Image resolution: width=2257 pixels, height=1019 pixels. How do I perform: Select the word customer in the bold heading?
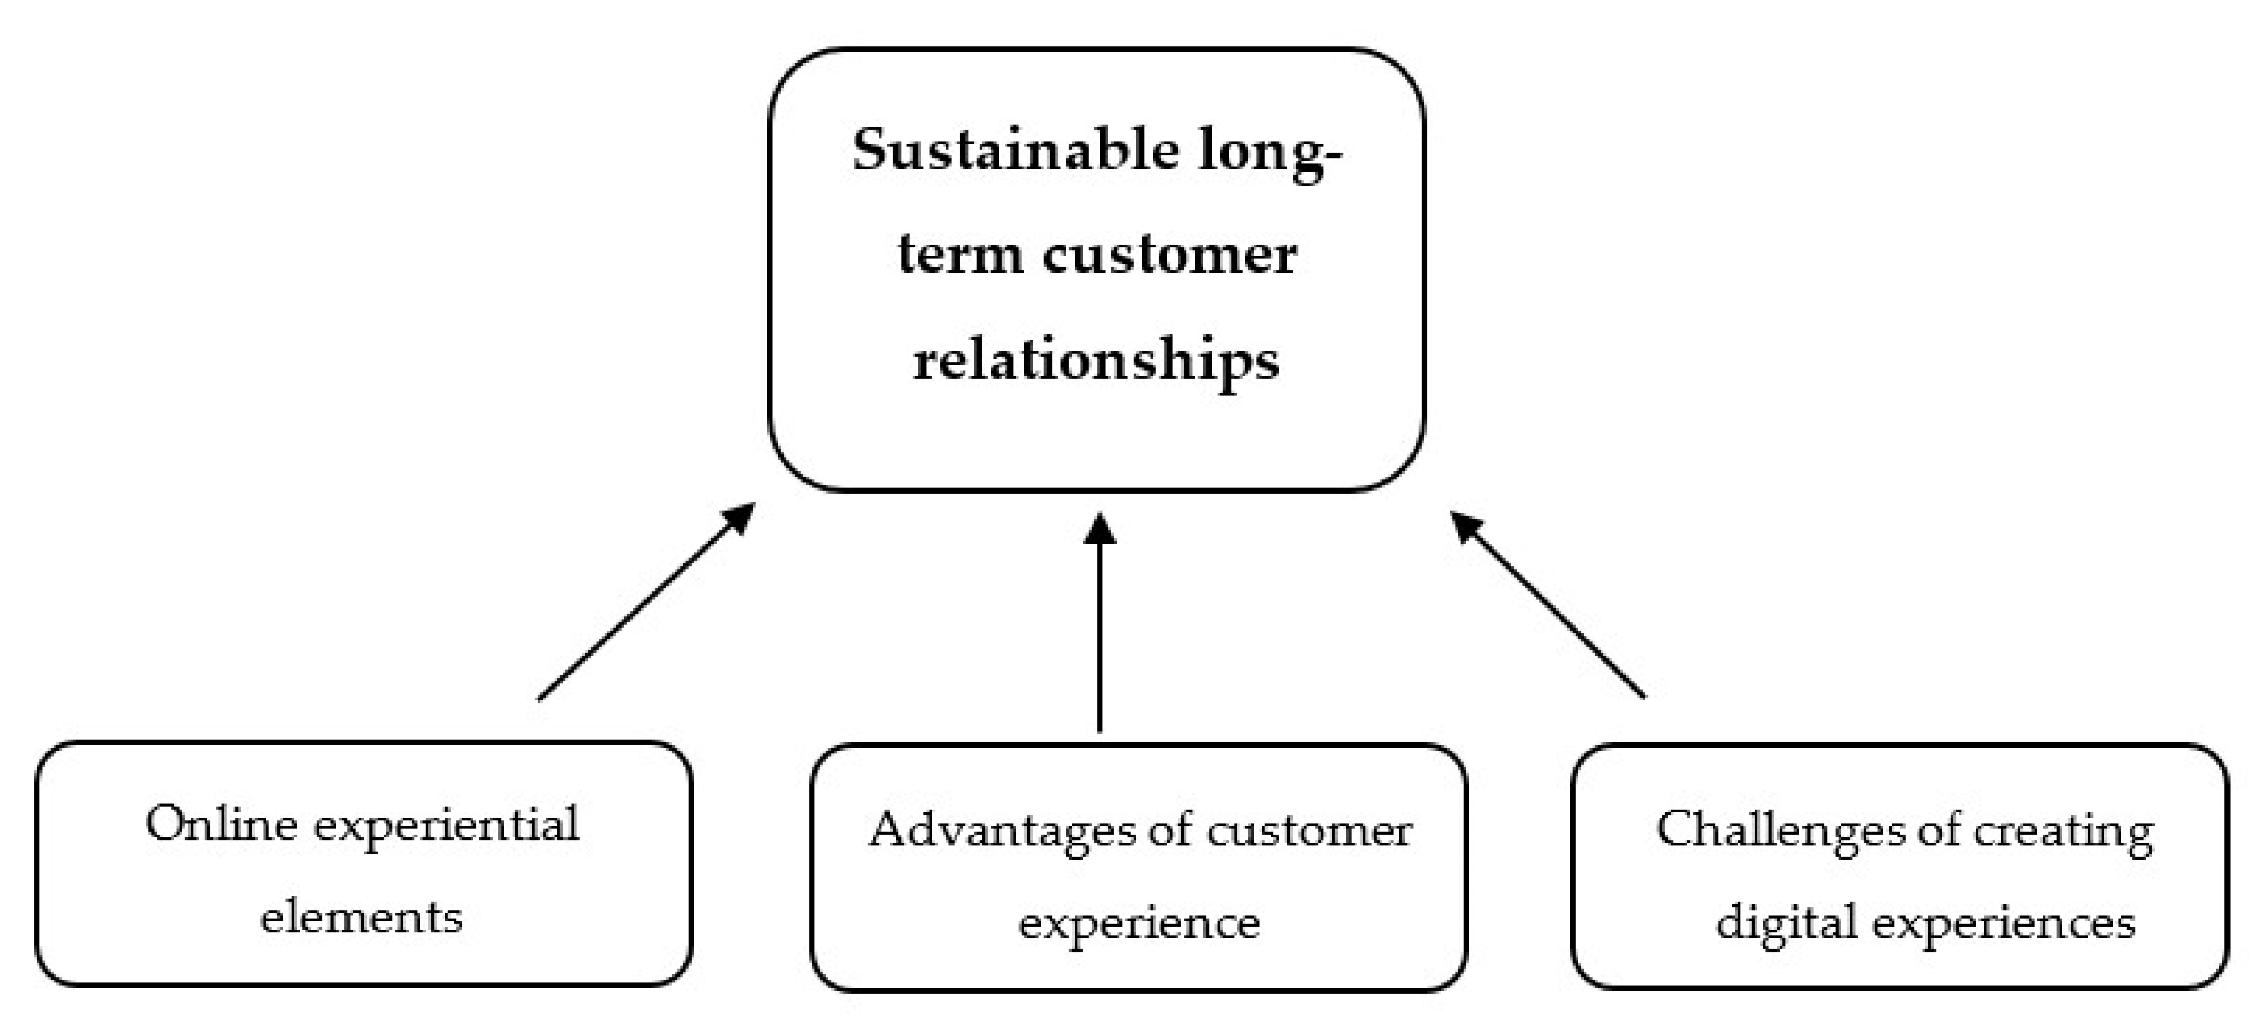click(1169, 256)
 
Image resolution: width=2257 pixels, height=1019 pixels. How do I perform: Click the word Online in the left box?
click(221, 824)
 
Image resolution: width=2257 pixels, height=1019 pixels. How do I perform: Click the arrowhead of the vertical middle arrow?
click(1100, 528)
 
